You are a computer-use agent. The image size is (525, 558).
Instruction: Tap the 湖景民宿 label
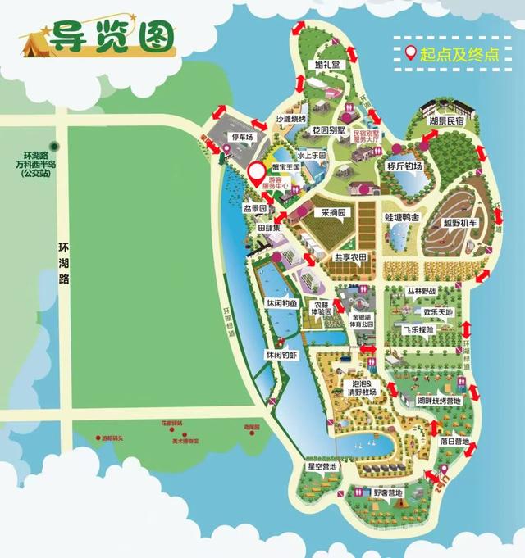point(446,120)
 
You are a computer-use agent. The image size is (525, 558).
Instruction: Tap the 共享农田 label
point(354,257)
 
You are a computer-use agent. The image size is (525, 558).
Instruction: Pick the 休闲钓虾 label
point(279,356)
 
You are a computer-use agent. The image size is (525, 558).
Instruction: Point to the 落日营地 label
point(455,441)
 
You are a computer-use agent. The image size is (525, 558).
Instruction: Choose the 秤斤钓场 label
point(404,166)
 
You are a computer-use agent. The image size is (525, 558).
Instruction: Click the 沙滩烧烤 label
point(290,118)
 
